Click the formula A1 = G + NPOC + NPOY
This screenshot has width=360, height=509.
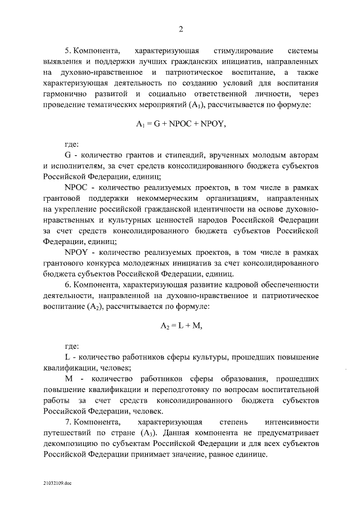[181, 125]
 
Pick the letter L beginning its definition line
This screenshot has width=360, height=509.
[67, 357]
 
